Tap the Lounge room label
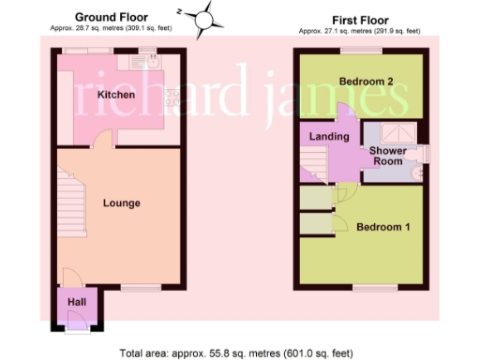(x=121, y=202)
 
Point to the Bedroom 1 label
(x=382, y=227)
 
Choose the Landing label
(x=329, y=137)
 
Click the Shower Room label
(x=386, y=156)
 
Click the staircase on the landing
(x=311, y=169)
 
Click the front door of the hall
(x=77, y=322)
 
